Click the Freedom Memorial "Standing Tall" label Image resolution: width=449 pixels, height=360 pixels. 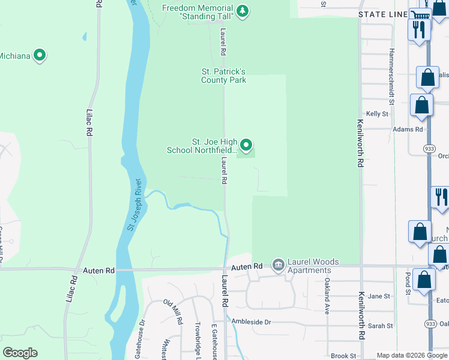pyautogui.click(x=198, y=12)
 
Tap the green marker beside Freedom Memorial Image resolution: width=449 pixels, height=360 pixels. pyautogui.click(x=243, y=10)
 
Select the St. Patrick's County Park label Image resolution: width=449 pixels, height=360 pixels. pyautogui.click(x=223, y=76)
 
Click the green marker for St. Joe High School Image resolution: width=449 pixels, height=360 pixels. pyautogui.click(x=246, y=145)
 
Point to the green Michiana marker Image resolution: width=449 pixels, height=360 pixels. pyautogui.click(x=40, y=56)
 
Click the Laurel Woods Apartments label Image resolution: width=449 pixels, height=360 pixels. pyautogui.click(x=313, y=266)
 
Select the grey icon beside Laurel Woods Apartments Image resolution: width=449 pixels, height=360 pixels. pyautogui.click(x=278, y=265)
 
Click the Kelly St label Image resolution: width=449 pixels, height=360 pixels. pyautogui.click(x=378, y=113)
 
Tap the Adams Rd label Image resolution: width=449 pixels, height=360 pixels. pyautogui.click(x=408, y=129)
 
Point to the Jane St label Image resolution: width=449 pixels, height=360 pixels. pyautogui.click(x=379, y=296)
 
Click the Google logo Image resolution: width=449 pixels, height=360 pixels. pyautogui.click(x=20, y=352)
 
